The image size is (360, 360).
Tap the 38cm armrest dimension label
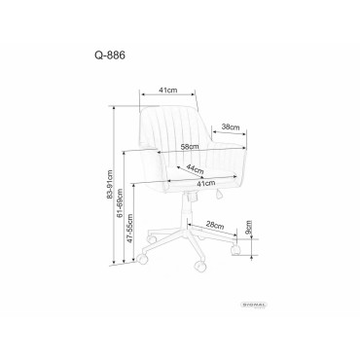coord(230,126)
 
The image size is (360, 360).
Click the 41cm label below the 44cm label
coord(191,183)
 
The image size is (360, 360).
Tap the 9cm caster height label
coord(248,230)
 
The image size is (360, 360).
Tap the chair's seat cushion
coord(185,175)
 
